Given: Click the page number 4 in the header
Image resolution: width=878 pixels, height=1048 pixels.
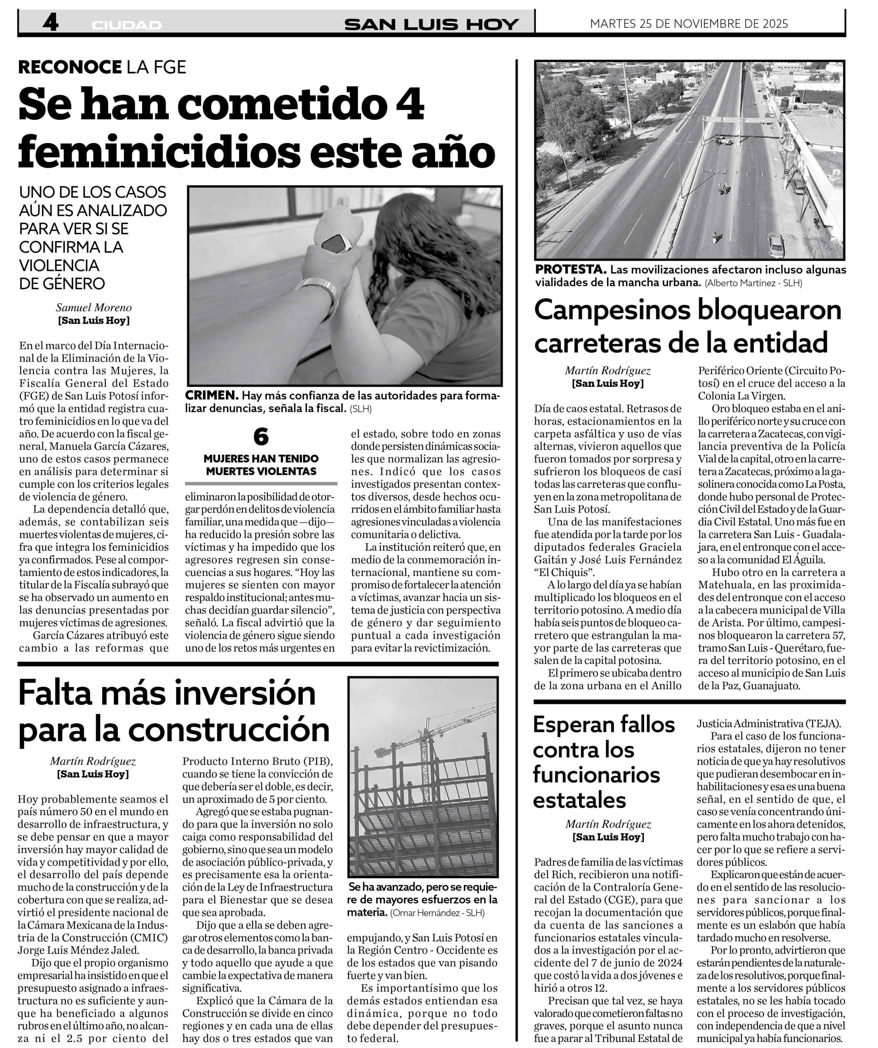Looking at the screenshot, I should (50, 23).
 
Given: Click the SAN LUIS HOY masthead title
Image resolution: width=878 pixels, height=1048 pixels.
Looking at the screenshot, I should (432, 25).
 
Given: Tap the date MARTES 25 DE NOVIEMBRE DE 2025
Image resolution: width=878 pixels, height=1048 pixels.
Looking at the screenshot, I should (689, 23).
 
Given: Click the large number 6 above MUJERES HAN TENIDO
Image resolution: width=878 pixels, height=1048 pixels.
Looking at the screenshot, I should (261, 437).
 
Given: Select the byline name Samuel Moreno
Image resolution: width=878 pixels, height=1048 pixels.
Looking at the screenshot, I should (94, 307).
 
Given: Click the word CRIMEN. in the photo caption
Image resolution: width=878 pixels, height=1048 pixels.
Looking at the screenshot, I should (212, 395).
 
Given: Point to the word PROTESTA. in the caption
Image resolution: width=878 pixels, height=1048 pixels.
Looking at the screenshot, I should (570, 269).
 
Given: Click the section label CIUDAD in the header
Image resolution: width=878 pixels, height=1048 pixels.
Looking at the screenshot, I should (126, 25).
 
